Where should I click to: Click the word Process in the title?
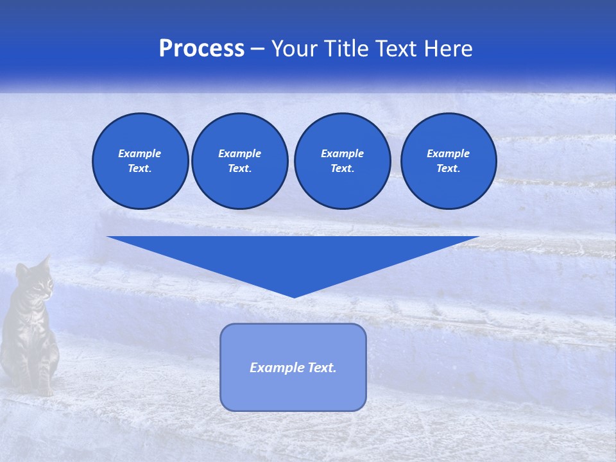tap(201, 49)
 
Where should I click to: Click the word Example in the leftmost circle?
tap(140, 153)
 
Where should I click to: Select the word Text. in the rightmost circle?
tap(449, 169)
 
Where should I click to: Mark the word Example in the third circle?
tap(342, 153)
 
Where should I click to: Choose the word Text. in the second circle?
tap(240, 169)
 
